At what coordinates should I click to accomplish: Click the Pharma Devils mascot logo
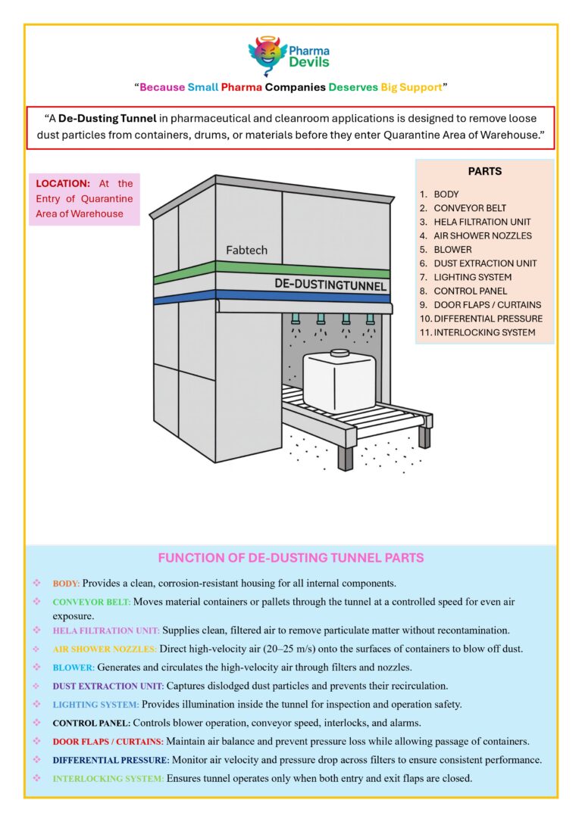268,55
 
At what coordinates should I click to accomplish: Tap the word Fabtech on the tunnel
246,250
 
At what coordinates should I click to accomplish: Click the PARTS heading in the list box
484,171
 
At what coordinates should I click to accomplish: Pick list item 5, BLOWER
452,249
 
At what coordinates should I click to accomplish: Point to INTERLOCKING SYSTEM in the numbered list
484,332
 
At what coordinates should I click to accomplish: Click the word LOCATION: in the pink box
63,183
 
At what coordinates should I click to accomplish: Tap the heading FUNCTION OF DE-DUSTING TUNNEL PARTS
290,558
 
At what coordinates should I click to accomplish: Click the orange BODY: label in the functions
66,584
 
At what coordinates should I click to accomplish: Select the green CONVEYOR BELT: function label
92,602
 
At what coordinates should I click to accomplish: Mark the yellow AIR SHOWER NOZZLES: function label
105,649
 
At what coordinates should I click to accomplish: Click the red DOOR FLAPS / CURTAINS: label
108,741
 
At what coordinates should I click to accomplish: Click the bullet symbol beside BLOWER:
37,667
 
